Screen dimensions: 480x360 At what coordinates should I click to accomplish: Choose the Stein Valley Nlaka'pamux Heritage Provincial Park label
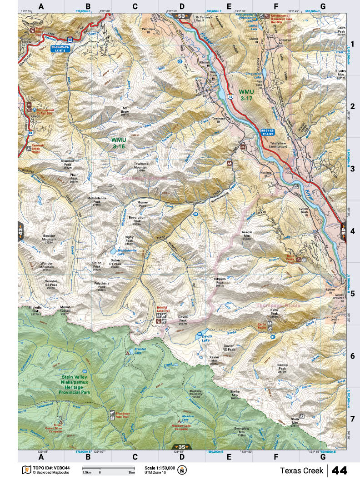click(82, 384)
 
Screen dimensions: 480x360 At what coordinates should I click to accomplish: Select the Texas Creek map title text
click(301, 470)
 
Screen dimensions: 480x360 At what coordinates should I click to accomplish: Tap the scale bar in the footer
click(108, 468)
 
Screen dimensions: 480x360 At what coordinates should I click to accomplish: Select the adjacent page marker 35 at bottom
click(182, 447)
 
